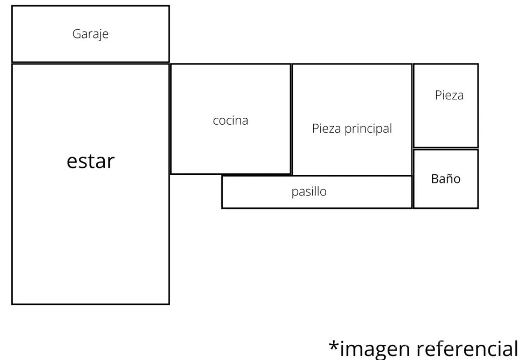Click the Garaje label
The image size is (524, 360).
(x=90, y=34)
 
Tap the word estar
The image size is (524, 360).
(x=90, y=161)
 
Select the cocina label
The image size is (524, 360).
(x=230, y=120)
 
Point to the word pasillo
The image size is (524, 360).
(x=309, y=191)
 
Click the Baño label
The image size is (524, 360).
(x=445, y=178)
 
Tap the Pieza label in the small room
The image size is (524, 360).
(x=449, y=95)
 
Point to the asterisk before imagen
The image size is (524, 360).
(x=334, y=346)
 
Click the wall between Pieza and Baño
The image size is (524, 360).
(x=445, y=148)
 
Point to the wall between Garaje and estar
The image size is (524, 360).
(x=90, y=63)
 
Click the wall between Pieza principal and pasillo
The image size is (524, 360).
(x=352, y=175)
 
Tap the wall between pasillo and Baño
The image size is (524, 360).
(x=412, y=192)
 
